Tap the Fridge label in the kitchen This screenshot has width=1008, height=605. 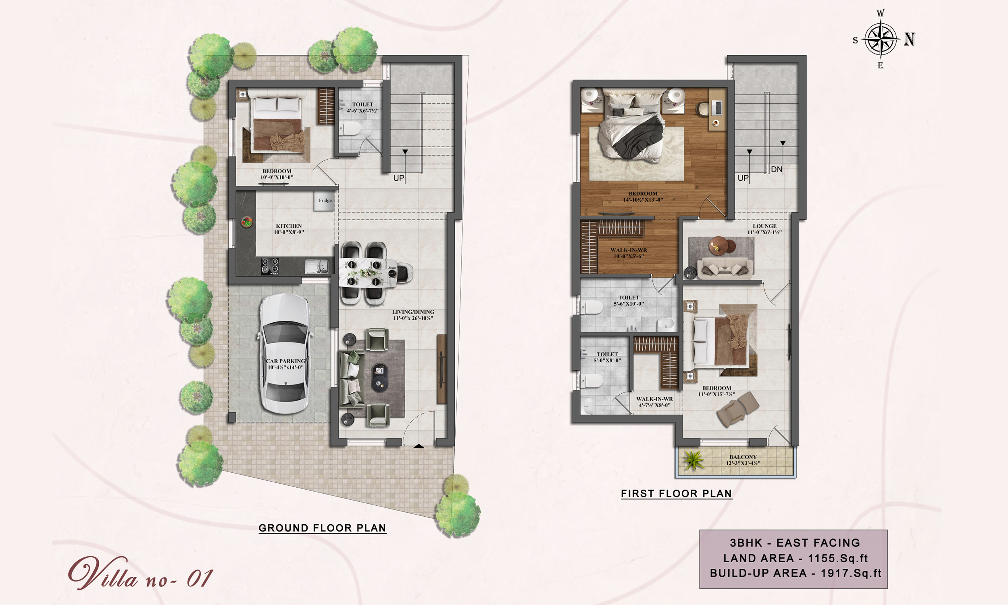tap(325, 200)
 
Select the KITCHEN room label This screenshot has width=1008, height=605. tap(289, 226)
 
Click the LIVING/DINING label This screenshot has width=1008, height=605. tap(413, 312)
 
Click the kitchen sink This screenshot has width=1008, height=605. tap(317, 267)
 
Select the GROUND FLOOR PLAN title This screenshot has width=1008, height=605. tap(322, 528)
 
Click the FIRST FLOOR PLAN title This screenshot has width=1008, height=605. tap(676, 494)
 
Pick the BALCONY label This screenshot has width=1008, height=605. tap(743, 457)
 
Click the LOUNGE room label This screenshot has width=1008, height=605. tap(765, 226)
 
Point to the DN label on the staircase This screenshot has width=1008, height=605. tap(777, 169)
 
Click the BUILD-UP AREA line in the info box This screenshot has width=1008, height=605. tap(796, 573)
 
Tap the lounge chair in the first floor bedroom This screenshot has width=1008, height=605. tap(737, 409)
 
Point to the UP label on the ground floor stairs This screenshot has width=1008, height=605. tap(398, 178)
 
